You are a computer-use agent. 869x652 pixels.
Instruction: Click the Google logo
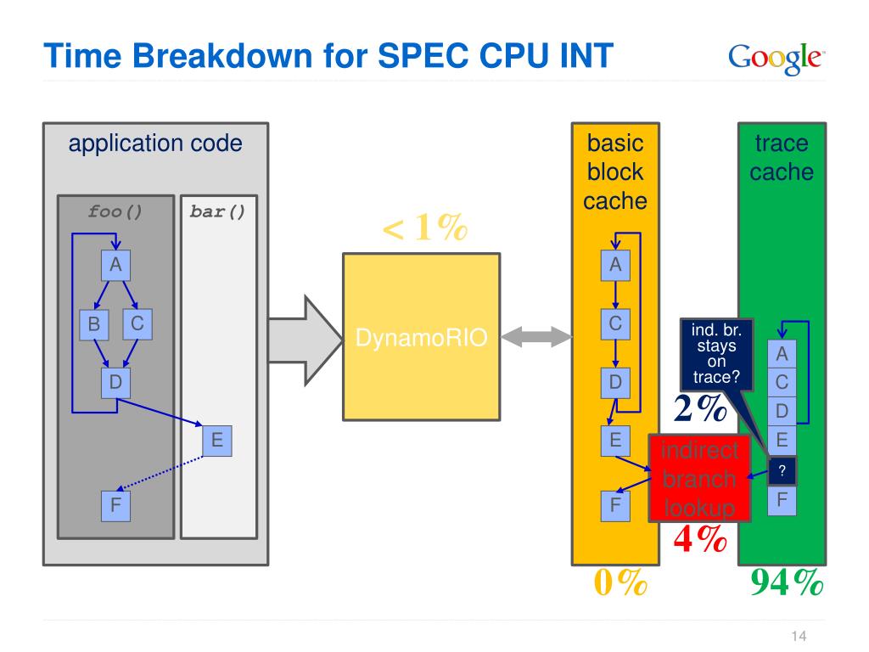click(776, 59)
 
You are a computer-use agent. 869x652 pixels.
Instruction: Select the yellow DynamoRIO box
click(421, 337)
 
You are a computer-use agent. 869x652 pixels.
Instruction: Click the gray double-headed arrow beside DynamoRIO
click(536, 336)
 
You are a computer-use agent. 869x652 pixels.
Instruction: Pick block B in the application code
click(93, 324)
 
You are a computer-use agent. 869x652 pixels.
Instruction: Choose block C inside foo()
click(137, 324)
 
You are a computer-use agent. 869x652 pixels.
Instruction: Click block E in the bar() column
click(216, 441)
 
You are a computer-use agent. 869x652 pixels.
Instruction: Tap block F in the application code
click(115, 506)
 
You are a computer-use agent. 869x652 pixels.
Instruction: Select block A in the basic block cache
click(615, 266)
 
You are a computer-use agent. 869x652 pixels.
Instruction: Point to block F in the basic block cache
click(615, 506)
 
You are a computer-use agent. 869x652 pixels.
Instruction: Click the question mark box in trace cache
click(782, 471)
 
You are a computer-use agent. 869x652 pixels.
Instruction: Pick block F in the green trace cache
click(782, 501)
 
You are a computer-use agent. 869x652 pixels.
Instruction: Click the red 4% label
click(700, 538)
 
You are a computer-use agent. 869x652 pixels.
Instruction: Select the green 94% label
click(787, 582)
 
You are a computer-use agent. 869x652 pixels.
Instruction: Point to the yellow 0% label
click(620, 582)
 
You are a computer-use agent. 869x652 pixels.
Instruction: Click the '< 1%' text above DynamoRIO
click(425, 228)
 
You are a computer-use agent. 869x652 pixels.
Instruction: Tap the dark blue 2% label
click(700, 408)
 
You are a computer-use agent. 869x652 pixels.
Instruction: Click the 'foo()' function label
click(115, 211)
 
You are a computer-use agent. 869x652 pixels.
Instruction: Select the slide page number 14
click(799, 636)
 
